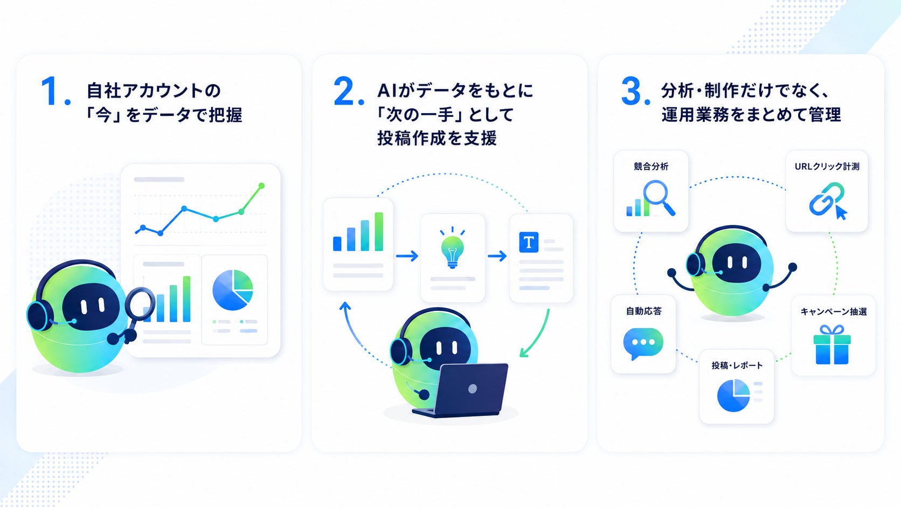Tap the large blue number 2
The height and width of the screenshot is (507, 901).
[x=345, y=91]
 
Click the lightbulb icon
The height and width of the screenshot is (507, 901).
[x=453, y=247]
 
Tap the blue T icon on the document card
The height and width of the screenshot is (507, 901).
[x=529, y=242]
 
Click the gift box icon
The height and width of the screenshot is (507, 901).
[x=832, y=345]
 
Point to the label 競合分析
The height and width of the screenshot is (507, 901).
[x=651, y=166]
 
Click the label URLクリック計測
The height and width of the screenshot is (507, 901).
[x=827, y=166]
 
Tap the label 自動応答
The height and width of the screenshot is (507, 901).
[x=643, y=311]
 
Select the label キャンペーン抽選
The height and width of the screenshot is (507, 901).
[x=834, y=311]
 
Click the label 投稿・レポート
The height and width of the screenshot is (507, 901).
[x=737, y=365]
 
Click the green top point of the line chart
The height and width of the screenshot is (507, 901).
[x=261, y=186]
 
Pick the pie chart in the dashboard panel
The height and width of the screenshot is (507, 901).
[x=232, y=290]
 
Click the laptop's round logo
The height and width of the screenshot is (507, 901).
[x=473, y=388]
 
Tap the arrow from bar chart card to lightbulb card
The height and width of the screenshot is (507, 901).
[x=407, y=256]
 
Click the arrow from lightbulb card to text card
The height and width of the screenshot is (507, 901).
[x=497, y=256]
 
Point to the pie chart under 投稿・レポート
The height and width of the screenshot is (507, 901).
[x=733, y=395]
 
